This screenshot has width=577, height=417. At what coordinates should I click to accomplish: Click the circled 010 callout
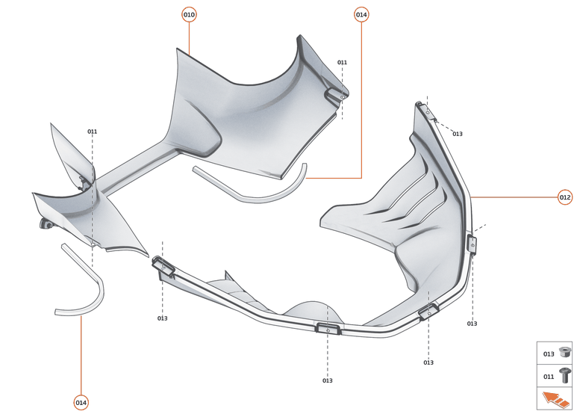point(189,15)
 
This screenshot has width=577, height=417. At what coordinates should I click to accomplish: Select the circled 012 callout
point(565,197)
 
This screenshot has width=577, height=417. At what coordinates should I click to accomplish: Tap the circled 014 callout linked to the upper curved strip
point(361,15)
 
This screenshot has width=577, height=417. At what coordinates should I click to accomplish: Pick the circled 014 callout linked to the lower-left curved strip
point(81,403)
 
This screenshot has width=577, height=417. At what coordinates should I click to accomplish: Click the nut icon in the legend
point(565,353)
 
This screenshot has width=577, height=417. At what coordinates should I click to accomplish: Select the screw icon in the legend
point(565,376)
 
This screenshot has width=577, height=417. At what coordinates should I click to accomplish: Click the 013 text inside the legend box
point(549,353)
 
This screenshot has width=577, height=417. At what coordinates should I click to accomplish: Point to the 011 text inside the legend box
point(549,376)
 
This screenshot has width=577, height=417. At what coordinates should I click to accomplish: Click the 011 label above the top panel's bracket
point(342,62)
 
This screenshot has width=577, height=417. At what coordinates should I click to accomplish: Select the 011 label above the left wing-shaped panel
point(92,132)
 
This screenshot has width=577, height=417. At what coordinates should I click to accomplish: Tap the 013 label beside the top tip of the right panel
point(457,134)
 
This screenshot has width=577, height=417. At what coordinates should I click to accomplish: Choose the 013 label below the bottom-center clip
point(327,380)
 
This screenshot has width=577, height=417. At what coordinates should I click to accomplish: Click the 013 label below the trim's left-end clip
point(162,318)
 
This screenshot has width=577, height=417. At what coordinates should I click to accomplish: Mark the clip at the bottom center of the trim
point(328,328)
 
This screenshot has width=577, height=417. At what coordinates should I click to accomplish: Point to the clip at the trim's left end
point(164,267)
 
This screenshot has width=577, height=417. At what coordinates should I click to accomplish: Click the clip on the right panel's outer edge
point(472,244)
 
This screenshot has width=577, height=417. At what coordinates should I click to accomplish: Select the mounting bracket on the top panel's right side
point(334,93)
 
